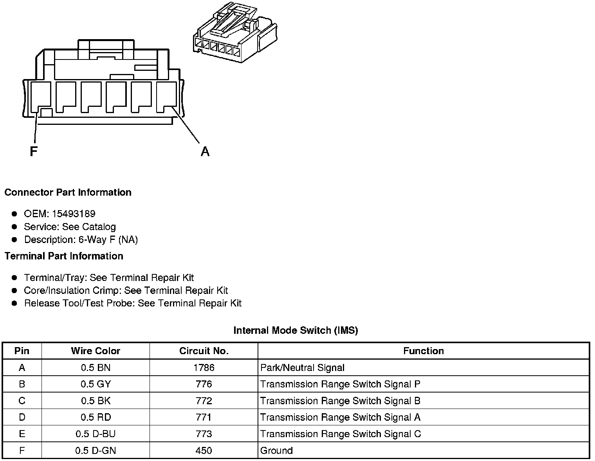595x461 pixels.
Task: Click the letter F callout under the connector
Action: pos(33,151)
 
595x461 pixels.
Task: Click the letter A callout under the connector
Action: pos(205,151)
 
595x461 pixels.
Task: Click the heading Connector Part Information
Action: pos(68,192)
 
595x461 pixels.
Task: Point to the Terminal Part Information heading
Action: pos(64,256)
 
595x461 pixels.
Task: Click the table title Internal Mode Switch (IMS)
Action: pos(296,330)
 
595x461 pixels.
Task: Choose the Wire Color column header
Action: pos(96,351)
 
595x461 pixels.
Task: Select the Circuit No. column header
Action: pos(204,351)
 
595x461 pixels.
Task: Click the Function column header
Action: pos(424,351)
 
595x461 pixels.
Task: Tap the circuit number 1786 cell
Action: pos(204,367)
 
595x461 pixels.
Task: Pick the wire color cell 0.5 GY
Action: pos(96,384)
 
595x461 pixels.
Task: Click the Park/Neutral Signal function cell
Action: pos(302,367)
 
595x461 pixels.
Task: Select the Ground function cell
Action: pos(276,450)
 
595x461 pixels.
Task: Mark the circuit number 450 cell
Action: pos(204,450)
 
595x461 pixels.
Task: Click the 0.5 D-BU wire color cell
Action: pos(96,434)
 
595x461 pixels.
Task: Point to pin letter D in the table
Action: pos(22,417)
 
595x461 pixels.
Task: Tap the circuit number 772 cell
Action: pos(204,401)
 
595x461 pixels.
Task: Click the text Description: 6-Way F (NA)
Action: pos(81,240)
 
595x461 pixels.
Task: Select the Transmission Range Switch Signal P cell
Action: pos(340,384)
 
